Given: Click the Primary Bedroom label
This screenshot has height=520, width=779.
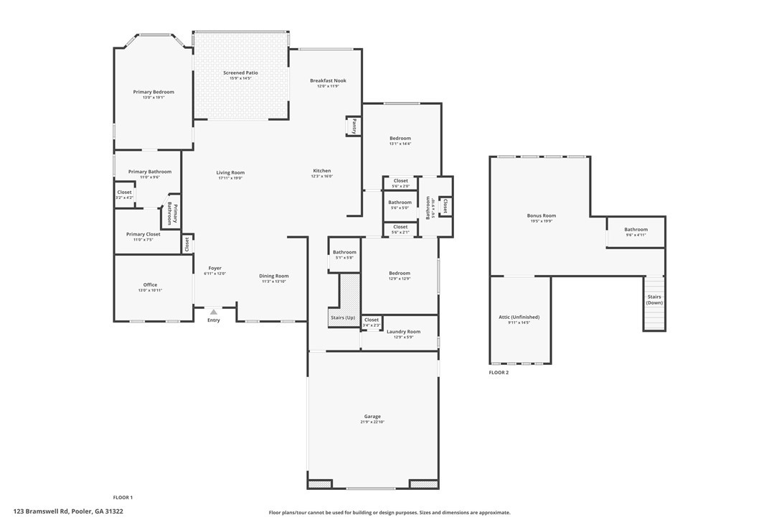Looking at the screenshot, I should [154, 92].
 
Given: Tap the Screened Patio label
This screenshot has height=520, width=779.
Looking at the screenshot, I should [240, 73].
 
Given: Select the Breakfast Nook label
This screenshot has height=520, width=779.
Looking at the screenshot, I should [328, 81].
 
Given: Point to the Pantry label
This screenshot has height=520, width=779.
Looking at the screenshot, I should [354, 126].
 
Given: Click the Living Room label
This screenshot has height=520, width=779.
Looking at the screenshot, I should [230, 172].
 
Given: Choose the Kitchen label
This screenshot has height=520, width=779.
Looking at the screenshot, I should [321, 171].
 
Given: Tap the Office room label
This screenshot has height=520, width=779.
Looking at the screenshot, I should [150, 285].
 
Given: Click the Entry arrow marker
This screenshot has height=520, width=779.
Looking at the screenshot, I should [213, 312].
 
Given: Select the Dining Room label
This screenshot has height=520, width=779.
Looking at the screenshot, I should [273, 276].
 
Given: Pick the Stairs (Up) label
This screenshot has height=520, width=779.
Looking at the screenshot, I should [342, 317].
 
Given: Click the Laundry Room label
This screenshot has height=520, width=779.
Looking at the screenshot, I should [402, 332].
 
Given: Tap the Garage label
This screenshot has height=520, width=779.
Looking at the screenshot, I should [372, 417].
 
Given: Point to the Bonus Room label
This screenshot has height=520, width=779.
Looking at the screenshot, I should [542, 215].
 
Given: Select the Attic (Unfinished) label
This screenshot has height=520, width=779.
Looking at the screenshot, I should [519, 317].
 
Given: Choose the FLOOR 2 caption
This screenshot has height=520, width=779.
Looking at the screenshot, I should [499, 373].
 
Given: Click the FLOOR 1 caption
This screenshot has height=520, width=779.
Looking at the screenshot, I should [123, 497].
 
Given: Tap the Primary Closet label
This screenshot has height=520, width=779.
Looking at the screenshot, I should [143, 234].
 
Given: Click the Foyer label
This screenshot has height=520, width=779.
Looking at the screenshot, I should [214, 268].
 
